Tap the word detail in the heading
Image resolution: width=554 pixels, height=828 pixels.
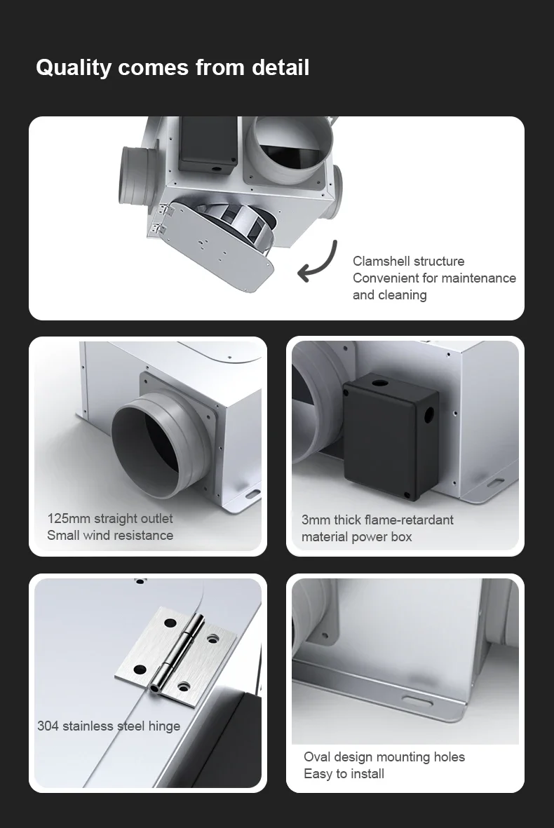(x=281, y=67)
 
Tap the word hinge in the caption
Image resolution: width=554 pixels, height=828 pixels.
(x=164, y=726)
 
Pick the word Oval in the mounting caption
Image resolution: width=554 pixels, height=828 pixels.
(x=316, y=756)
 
